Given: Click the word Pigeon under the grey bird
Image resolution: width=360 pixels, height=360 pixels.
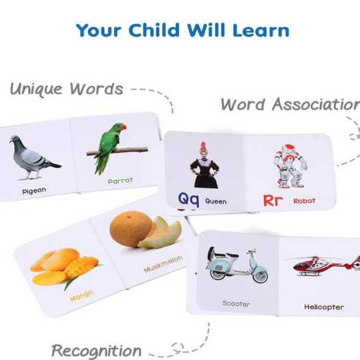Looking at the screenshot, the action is pyautogui.click(x=34, y=191).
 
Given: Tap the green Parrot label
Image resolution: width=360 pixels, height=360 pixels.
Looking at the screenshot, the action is pyautogui.click(x=121, y=181).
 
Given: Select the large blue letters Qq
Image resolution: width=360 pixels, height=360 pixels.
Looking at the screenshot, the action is pyautogui.click(x=188, y=199).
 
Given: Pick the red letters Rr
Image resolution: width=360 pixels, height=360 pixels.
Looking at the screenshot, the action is pyautogui.click(x=272, y=200).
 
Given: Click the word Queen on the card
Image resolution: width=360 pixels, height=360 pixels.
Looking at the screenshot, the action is pyautogui.click(x=216, y=202).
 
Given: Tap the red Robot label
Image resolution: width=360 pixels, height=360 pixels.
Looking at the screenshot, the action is pyautogui.click(x=304, y=201).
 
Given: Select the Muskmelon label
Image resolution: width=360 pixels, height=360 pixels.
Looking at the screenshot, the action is pyautogui.click(x=163, y=264).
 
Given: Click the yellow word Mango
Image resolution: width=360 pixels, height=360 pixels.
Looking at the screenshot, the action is pyautogui.click(x=81, y=296).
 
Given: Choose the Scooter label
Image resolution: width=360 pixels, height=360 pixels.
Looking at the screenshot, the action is pyautogui.click(x=236, y=303).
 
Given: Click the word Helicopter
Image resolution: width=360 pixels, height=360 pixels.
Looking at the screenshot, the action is pyautogui.click(x=324, y=307).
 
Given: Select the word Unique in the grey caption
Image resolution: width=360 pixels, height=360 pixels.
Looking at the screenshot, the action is pyautogui.click(x=37, y=89).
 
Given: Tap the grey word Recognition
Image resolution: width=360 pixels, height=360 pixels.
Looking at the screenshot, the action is pyautogui.click(x=96, y=351).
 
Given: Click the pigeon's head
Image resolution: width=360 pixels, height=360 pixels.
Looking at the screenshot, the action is pyautogui.click(x=15, y=139).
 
